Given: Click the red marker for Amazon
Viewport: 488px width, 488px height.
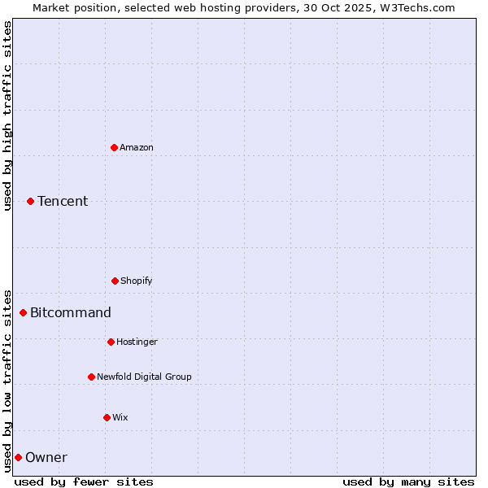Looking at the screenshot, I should [114, 147].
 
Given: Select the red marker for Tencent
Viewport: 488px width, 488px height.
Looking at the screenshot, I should [30, 201].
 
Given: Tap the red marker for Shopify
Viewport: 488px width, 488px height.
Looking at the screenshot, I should [115, 281].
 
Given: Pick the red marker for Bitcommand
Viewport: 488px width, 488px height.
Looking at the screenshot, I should [23, 312].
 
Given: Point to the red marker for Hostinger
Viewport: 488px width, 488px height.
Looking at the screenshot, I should [111, 342].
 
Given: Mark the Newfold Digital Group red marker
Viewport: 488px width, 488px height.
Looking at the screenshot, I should [91, 377].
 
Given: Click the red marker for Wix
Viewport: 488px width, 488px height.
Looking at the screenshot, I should [107, 417].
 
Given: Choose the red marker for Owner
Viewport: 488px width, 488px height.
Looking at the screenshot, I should [18, 457].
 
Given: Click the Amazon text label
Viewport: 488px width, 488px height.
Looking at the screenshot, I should [137, 147].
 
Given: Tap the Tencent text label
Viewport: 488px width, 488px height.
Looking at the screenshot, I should [63, 201].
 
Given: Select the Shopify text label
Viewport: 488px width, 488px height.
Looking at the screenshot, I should [137, 281].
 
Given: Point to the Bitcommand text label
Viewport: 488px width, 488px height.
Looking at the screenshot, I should [71, 312].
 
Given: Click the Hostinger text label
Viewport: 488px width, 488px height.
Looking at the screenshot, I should [137, 342].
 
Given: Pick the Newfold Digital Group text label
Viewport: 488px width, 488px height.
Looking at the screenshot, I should [144, 377].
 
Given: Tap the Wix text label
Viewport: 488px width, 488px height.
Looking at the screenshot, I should [120, 417].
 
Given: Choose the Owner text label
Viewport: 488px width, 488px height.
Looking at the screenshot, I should [46, 457].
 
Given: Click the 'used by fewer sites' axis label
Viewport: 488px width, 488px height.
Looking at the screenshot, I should [84, 481].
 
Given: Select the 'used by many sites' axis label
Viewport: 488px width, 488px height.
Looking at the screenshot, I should [408, 481].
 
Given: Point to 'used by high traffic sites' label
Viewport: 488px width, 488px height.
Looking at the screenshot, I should [7, 115].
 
